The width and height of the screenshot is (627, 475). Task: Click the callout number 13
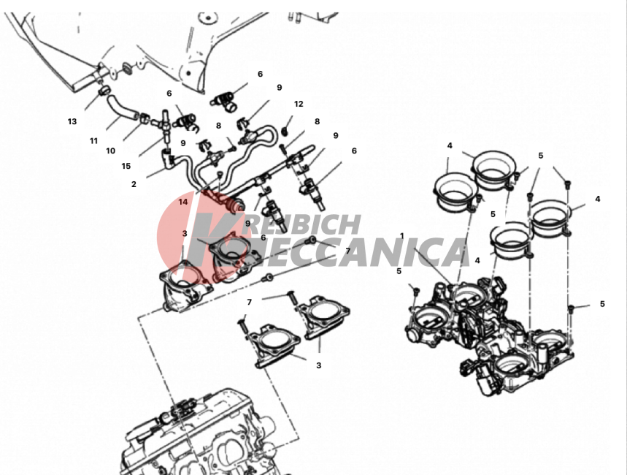pyautogui.click(x=72, y=121)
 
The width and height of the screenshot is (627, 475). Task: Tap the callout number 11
pyautogui.click(x=93, y=141)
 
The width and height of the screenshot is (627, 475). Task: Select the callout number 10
pyautogui.click(x=110, y=151)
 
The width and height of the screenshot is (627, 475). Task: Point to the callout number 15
pyautogui.click(x=126, y=166)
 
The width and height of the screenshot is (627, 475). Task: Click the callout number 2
pyautogui.click(x=134, y=184)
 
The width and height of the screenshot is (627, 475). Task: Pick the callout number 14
pyautogui.click(x=182, y=202)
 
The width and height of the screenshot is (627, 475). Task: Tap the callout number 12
pyautogui.click(x=299, y=104)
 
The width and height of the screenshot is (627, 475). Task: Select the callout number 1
pyautogui.click(x=402, y=236)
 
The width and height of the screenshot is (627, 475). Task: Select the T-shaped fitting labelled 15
pyautogui.click(x=165, y=123)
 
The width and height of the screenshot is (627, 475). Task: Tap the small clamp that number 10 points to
pyautogui.click(x=144, y=118)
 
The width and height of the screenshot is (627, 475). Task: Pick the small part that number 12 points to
pyautogui.click(x=285, y=131)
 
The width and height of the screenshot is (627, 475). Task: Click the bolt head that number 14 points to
pyautogui.click(x=220, y=175)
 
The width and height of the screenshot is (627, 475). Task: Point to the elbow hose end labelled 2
pyautogui.click(x=168, y=156)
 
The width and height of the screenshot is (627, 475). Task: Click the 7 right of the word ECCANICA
pyautogui.click(x=347, y=251)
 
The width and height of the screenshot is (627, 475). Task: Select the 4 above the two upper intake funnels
pyautogui.click(x=450, y=145)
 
